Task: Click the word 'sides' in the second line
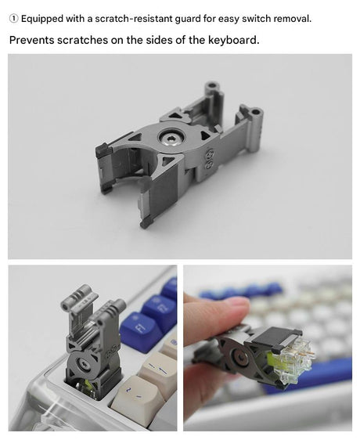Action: (165, 39)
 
